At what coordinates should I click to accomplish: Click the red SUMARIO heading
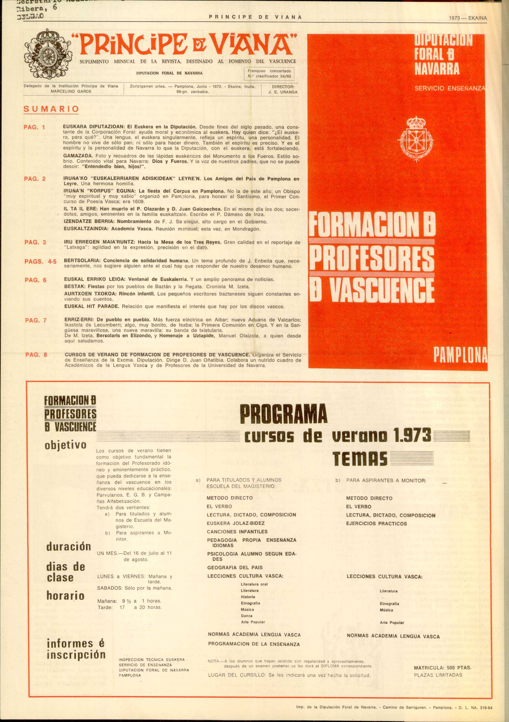(x=51, y=109)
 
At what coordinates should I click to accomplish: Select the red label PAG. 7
(x=36, y=320)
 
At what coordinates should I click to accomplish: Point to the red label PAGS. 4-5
(x=41, y=262)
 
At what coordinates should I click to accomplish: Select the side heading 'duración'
(x=69, y=546)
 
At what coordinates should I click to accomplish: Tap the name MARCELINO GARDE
(x=71, y=91)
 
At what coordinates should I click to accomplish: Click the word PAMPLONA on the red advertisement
(x=460, y=354)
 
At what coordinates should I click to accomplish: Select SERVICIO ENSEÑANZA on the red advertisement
(x=450, y=89)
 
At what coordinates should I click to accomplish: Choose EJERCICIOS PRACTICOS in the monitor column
(x=376, y=524)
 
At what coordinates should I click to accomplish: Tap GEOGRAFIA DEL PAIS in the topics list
(x=235, y=568)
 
